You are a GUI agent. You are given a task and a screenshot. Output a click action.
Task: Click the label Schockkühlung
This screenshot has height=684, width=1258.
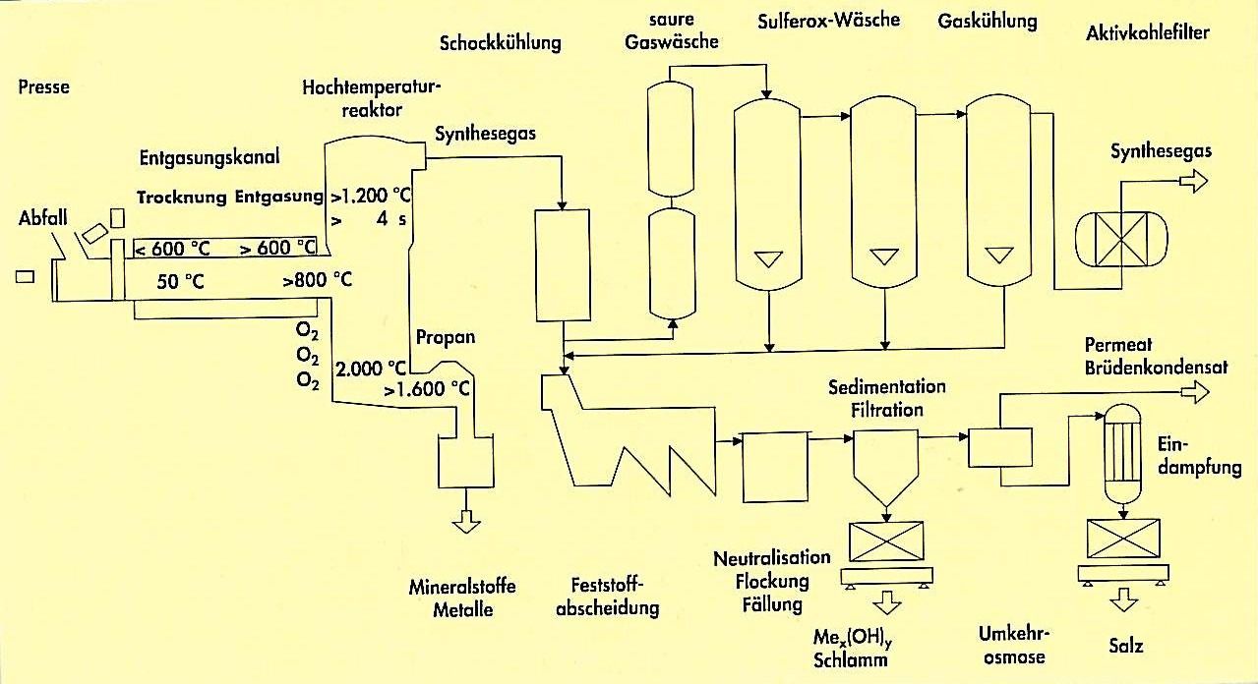click(501, 43)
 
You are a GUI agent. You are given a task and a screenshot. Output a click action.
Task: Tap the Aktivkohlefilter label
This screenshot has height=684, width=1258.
click(1148, 33)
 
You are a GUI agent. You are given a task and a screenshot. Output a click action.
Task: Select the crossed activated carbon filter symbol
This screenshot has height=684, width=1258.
click(1121, 239)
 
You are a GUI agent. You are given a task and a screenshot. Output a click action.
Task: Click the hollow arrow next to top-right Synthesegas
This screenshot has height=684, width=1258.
click(1193, 182)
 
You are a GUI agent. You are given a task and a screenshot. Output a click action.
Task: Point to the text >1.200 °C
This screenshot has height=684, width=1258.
click(371, 196)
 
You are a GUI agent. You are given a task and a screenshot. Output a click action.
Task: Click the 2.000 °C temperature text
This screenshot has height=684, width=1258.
click(371, 369)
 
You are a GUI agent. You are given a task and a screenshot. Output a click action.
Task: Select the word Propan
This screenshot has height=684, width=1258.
click(446, 337)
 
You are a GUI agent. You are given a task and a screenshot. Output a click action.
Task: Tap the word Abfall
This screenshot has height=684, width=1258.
click(42, 218)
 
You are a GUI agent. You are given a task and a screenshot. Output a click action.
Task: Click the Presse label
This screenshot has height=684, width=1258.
click(44, 86)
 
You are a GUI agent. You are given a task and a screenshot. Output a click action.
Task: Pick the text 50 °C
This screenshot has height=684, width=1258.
click(180, 282)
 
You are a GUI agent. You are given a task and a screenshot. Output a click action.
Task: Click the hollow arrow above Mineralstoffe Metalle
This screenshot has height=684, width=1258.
click(466, 521)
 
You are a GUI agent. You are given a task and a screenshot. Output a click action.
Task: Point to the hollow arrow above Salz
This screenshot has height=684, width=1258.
click(1124, 599)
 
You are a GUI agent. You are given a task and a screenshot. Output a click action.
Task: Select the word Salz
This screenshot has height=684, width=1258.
click(1126, 646)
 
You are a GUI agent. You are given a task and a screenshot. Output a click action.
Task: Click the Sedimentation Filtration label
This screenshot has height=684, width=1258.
click(887, 398)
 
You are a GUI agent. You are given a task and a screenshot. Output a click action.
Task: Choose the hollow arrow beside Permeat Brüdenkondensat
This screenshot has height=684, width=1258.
click(1194, 392)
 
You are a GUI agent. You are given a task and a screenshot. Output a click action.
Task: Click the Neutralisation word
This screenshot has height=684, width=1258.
click(772, 558)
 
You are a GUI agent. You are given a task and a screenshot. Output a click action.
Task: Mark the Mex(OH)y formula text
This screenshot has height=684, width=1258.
click(853, 638)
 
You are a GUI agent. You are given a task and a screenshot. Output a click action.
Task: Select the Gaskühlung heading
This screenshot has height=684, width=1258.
click(988, 22)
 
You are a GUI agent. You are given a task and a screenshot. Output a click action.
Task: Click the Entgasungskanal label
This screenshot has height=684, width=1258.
click(210, 157)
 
